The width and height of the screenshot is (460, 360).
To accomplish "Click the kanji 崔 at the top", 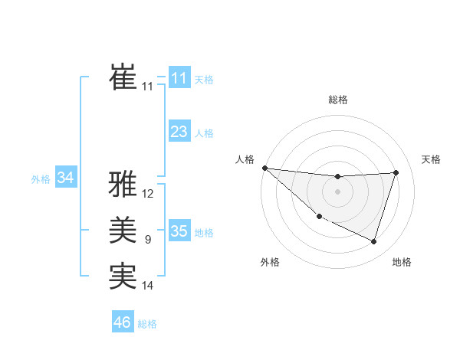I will click(x=123, y=77).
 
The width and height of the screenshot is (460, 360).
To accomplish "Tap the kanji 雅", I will click(x=123, y=185).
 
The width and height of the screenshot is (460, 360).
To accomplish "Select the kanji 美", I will click(x=123, y=231).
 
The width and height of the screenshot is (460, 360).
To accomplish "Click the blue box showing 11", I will click(x=179, y=78).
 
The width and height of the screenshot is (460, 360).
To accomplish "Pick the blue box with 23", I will click(x=179, y=132).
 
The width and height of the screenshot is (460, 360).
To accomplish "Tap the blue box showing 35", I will click(x=179, y=231).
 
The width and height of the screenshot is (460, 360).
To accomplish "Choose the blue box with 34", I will click(x=66, y=178).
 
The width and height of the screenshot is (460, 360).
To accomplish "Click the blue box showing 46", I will click(x=123, y=322).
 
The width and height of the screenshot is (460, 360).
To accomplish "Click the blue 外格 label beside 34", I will click(x=41, y=179).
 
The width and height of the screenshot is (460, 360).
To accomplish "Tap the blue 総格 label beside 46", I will click(x=147, y=324).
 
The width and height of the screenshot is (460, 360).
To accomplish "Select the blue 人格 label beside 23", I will click(x=204, y=133).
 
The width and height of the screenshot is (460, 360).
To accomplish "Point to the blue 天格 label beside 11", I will click(x=204, y=80).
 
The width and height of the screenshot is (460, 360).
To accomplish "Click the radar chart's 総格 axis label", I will click(x=338, y=100).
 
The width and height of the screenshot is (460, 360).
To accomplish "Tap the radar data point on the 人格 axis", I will click(x=264, y=168).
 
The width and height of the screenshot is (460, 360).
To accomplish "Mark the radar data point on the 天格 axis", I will click(x=396, y=172).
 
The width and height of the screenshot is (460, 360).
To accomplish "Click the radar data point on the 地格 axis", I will click(x=374, y=242).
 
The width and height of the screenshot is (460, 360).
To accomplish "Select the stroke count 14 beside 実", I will click(x=148, y=286).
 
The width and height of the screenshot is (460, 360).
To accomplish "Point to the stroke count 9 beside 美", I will click(x=148, y=240).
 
